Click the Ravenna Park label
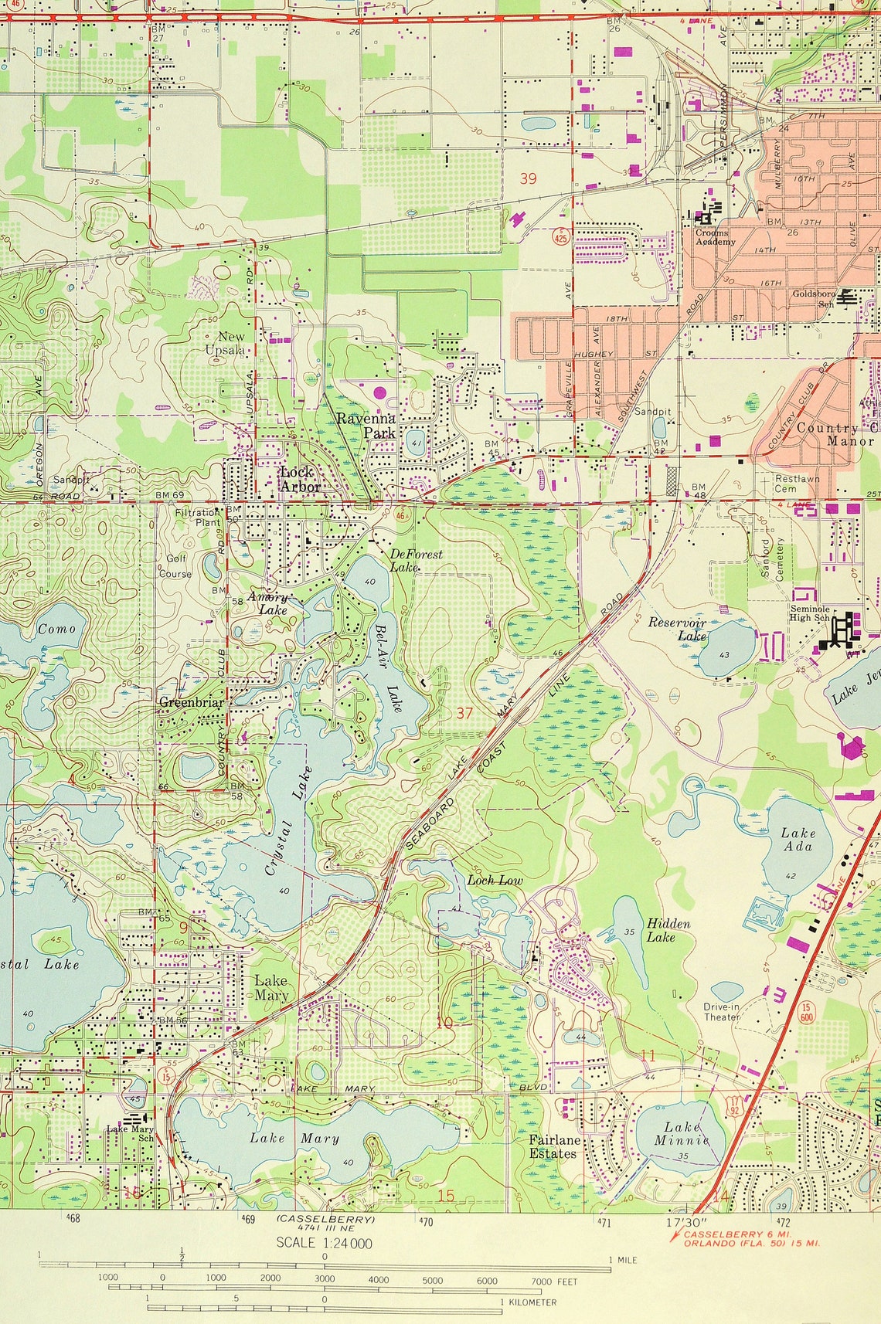pyautogui.click(x=366, y=426)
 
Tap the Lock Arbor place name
pyautogui.click(x=298, y=479)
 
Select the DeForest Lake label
pyautogui.click(x=416, y=560)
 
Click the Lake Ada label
pyautogui.click(x=798, y=839)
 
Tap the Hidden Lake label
pyautogui.click(x=668, y=930)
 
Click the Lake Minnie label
pyautogui.click(x=682, y=1133)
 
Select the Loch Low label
pyautogui.click(x=495, y=881)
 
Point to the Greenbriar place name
pyautogui.click(x=191, y=702)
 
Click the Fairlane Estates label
pyautogui.click(x=553, y=1146)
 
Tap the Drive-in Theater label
pyautogui.click(x=721, y=1012)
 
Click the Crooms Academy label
pyautogui.click(x=715, y=237)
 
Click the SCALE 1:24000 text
pyautogui.click(x=324, y=1243)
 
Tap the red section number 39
pyautogui.click(x=528, y=178)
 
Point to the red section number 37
pyautogui.click(x=464, y=712)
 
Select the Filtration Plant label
pyautogui.click(x=197, y=517)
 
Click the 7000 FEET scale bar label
pyautogui.click(x=554, y=1282)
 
